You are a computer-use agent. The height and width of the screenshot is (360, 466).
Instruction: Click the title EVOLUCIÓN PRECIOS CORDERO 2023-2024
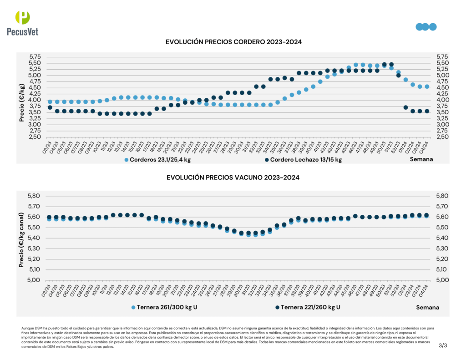tap(234, 42)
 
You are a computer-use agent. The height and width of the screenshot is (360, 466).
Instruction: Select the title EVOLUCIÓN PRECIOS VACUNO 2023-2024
tap(233, 177)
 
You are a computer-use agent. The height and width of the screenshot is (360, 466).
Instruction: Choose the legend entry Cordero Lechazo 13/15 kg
tap(303, 160)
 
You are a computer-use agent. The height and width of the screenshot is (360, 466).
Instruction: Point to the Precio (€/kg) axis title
tap(22, 103)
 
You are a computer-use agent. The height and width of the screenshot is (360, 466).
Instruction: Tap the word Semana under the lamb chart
tap(421, 160)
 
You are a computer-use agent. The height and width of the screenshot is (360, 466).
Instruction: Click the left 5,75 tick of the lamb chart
tap(35, 57)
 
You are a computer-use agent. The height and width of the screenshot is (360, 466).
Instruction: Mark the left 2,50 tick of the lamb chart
tap(35, 137)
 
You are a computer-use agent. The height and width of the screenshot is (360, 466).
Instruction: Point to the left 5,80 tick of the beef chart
tap(35, 196)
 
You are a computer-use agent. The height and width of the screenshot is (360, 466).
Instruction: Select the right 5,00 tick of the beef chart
tap(443, 280)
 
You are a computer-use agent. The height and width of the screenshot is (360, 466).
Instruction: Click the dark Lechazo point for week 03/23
tap(50, 107)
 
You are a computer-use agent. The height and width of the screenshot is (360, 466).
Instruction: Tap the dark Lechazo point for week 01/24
tap(405, 107)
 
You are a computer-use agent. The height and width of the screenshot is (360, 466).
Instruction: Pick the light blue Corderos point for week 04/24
tap(427, 86)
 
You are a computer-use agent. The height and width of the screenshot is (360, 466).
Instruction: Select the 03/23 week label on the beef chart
tap(47, 290)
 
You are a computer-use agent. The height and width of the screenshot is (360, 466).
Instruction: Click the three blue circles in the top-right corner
tap(426, 27)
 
